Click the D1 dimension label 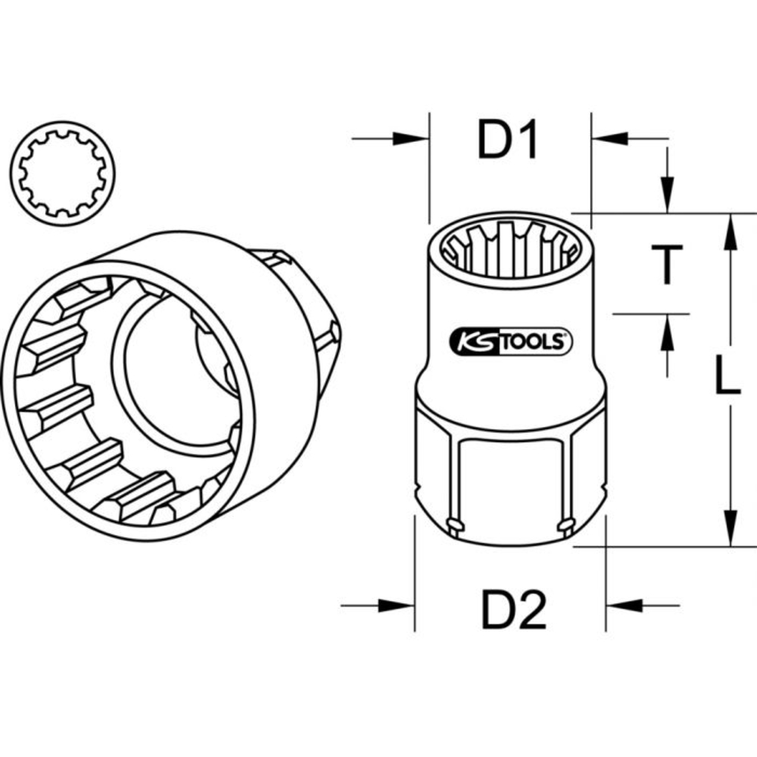(507, 140)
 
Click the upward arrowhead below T (667, 329)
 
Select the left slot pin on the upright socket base (454, 522)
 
